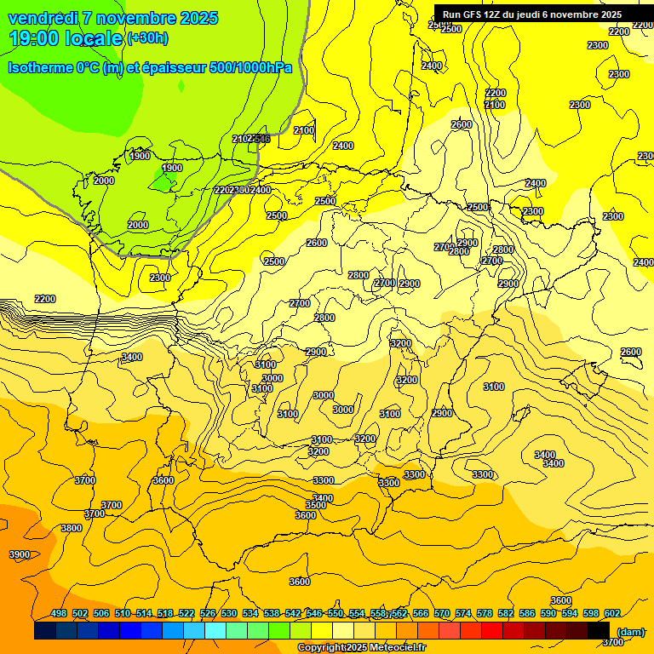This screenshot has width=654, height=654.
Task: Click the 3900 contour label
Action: [x=19, y=554]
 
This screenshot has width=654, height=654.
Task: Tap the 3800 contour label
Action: [x=72, y=528]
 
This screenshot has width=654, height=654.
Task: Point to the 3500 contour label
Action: [x=316, y=505]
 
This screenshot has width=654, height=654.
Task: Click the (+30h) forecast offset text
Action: [x=147, y=38]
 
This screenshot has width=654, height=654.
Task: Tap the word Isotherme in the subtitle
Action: [x=40, y=67]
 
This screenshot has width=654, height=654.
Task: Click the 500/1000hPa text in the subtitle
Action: [x=250, y=67]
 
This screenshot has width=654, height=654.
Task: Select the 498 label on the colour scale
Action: [x=59, y=613]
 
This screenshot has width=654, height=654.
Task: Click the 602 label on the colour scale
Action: [x=612, y=613]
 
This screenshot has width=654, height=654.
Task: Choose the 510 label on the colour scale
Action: [x=123, y=613]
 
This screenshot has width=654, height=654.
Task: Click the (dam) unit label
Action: [x=630, y=632]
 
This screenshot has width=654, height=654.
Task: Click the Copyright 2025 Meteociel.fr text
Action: [x=360, y=648]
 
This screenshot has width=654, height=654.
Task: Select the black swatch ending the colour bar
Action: [x=599, y=631]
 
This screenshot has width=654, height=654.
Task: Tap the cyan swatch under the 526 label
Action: [x=215, y=631]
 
